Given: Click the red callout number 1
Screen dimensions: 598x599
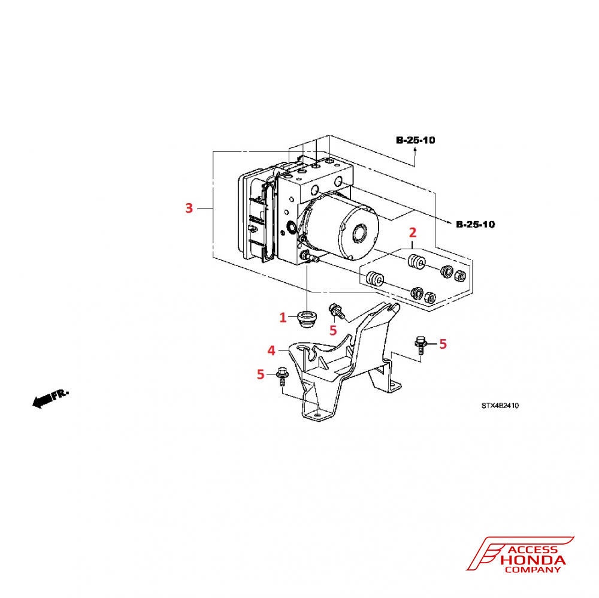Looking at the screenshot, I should coord(283,318).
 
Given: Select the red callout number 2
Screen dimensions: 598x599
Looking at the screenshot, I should coord(412,232).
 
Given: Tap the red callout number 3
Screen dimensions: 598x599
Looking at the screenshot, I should coord(189,209).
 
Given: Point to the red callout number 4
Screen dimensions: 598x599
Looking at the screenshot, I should coord(271,349).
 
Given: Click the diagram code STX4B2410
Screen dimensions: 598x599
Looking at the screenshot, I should coord(500,406).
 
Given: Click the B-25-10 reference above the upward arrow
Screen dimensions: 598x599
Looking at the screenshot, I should coord(415,140).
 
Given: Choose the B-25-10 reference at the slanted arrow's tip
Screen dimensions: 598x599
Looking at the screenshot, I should coord(475,225).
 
